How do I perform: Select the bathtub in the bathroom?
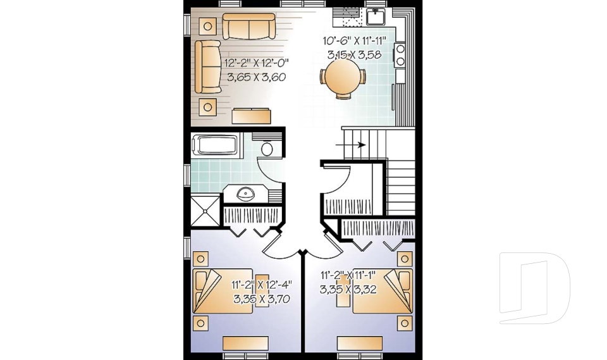215,146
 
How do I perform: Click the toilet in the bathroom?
266,149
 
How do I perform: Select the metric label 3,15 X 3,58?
355,55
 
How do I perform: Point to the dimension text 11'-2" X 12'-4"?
262,285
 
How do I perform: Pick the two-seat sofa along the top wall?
248,26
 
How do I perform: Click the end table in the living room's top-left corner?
207,26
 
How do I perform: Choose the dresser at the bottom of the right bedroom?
360,344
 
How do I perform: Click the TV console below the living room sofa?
252,116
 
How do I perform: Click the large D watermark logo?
534,288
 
